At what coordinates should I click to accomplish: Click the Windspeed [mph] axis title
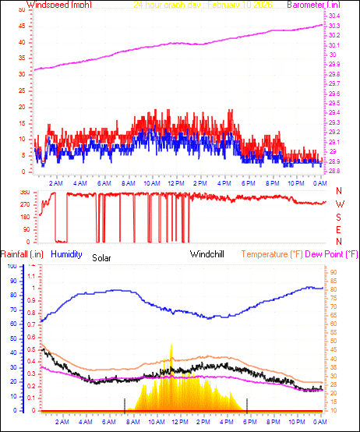tap(58, 5)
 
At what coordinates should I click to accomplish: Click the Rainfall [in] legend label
tap(22, 254)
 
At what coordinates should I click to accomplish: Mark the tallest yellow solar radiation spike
tap(171, 345)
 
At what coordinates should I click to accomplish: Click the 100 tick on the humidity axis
tap(11, 267)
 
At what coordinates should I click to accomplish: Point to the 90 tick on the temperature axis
tap(333, 273)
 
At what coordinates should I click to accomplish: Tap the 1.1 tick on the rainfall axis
tap(31, 275)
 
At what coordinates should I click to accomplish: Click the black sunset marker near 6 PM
tap(247, 403)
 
